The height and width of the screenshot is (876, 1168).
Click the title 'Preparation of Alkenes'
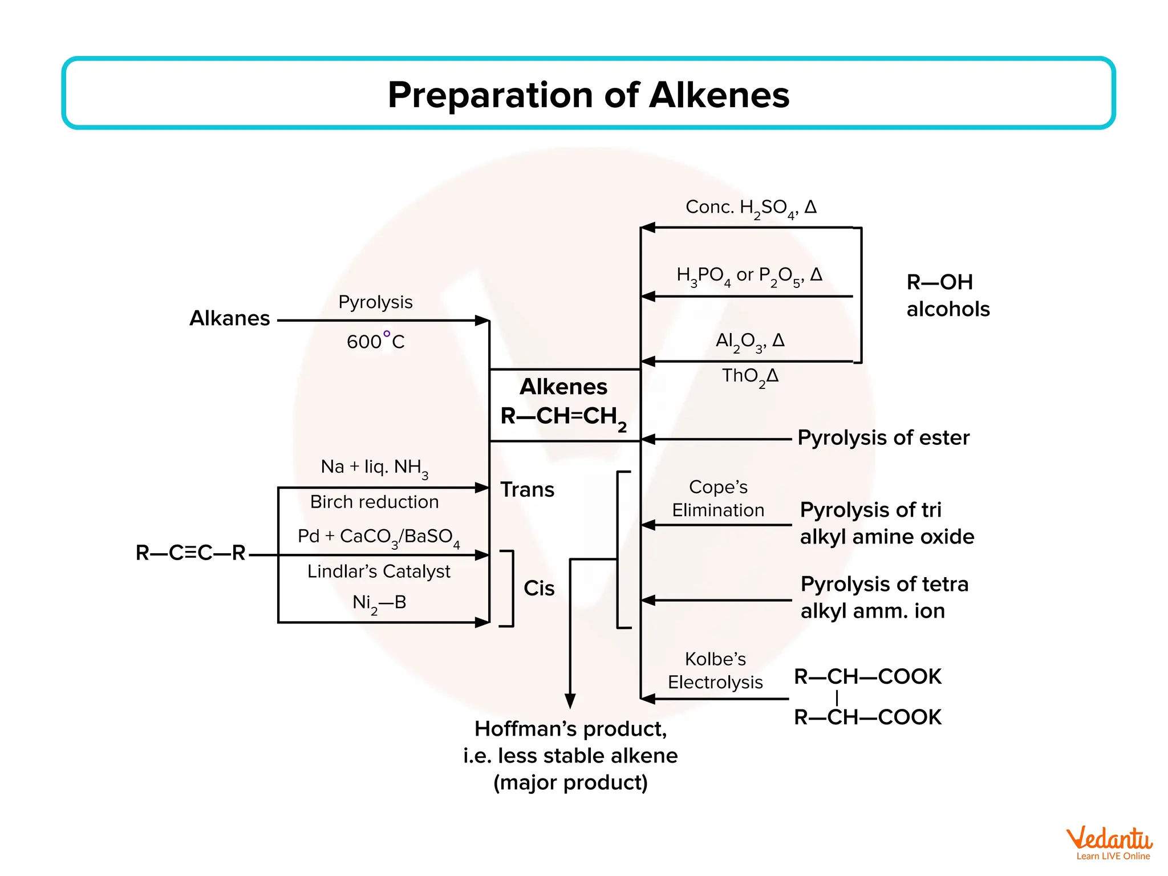(588, 95)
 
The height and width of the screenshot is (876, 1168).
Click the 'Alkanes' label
(230, 318)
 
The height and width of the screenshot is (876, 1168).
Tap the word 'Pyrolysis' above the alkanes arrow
(375, 302)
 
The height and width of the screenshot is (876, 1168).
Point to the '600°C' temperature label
(375, 341)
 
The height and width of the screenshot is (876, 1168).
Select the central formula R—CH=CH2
(563, 416)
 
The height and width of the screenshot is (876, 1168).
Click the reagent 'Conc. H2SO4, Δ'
(751, 208)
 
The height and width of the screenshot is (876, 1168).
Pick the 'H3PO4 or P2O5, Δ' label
(749, 275)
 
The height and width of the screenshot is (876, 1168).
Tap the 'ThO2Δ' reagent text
(750, 376)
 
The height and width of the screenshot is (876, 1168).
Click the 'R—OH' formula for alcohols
(939, 282)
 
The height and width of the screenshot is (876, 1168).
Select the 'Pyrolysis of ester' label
(883, 438)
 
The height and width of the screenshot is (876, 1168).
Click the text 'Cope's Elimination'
(718, 498)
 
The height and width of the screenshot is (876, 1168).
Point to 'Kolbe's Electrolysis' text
(715, 670)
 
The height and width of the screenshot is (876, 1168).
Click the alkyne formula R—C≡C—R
(190, 553)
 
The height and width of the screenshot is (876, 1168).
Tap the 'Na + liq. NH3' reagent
(374, 467)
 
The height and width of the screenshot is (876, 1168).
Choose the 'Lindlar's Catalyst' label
(379, 571)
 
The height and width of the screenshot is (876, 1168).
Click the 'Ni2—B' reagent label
(379, 603)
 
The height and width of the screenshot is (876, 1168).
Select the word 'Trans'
(527, 490)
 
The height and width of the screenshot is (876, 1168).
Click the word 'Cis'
(539, 588)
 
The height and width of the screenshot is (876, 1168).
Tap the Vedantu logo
(1109, 843)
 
